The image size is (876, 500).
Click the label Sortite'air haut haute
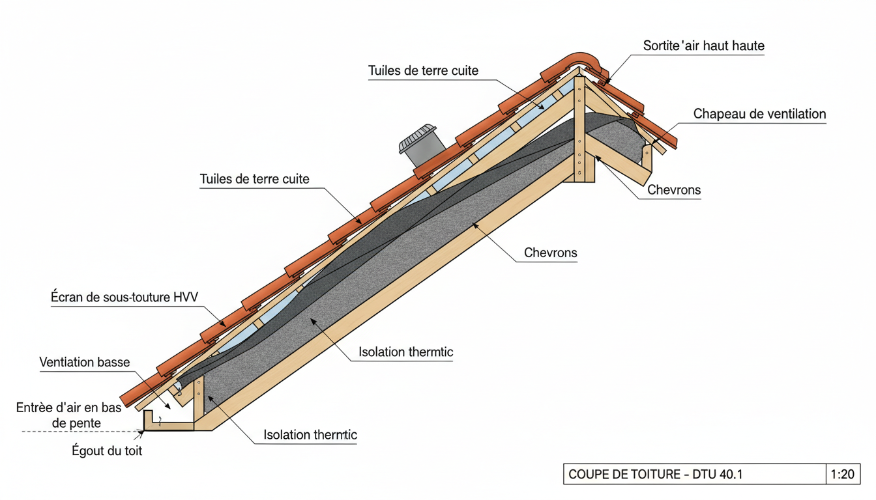click(703, 46)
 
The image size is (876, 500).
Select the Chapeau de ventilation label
click(759, 115)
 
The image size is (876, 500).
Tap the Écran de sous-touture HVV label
click(124, 298)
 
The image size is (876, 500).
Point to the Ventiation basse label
click(85, 363)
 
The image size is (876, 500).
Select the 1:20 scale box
click(843, 474)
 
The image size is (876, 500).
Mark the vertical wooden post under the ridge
click(579, 130)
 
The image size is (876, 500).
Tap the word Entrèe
click(36, 408)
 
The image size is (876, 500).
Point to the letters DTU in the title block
click(703, 475)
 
